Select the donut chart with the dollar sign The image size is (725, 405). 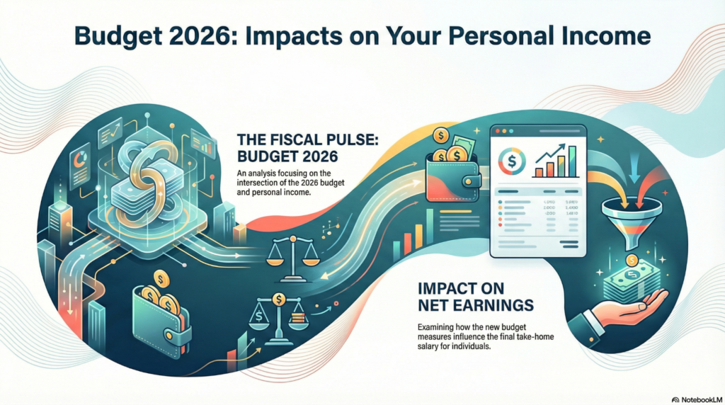512,160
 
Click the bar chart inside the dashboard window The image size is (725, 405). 556,159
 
